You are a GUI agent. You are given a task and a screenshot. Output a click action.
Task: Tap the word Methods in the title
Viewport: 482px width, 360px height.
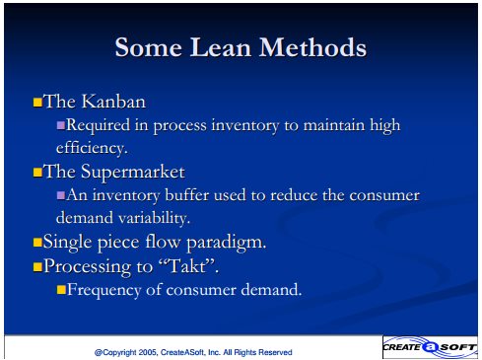pyautogui.click(x=312, y=47)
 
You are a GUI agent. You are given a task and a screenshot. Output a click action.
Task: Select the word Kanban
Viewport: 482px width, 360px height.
pyautogui.click(x=113, y=102)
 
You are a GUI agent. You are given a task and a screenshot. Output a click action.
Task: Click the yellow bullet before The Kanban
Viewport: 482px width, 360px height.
pyautogui.click(x=37, y=102)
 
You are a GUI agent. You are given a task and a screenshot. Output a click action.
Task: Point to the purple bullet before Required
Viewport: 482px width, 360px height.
pyautogui.click(x=61, y=125)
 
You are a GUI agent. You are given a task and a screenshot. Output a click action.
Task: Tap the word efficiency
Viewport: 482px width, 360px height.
pyautogui.click(x=92, y=148)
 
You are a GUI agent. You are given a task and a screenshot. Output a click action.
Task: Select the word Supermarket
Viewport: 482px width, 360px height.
pyautogui.click(x=133, y=173)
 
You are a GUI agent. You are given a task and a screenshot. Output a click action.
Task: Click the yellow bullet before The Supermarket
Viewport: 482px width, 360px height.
pyautogui.click(x=37, y=172)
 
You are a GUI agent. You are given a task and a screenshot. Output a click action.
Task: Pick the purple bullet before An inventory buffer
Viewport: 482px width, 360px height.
pyautogui.click(x=61, y=195)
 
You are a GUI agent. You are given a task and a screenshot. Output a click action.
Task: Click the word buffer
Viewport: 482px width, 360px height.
pyautogui.click(x=187, y=195)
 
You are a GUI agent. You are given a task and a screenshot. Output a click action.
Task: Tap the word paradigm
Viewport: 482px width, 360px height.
pyautogui.click(x=227, y=244)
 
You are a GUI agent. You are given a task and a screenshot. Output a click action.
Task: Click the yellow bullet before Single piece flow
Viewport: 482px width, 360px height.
pyautogui.click(x=37, y=243)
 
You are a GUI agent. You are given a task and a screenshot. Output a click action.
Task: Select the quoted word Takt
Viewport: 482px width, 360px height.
pyautogui.click(x=187, y=265)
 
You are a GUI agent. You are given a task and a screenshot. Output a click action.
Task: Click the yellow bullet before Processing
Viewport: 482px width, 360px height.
pyautogui.click(x=37, y=266)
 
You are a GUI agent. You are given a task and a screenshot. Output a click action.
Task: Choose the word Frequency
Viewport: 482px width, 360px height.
pyautogui.click(x=104, y=290)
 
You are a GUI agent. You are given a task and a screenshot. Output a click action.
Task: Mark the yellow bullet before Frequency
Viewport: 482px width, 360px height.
pyautogui.click(x=61, y=290)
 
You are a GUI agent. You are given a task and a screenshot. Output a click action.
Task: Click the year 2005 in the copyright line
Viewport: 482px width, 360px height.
pyautogui.click(x=148, y=352)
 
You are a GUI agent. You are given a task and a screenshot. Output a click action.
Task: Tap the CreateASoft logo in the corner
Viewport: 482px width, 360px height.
pyautogui.click(x=430, y=347)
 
